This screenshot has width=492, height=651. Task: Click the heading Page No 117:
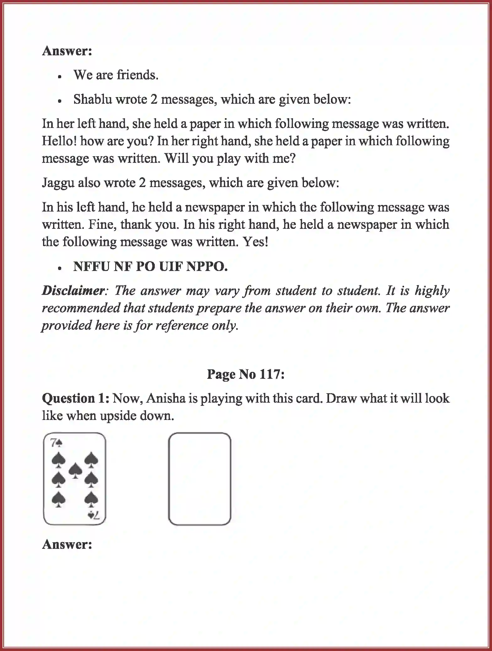[246, 374]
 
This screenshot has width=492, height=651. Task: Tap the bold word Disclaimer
[73, 290]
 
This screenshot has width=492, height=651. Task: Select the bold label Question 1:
[76, 398]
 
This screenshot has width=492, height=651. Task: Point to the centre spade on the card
[75, 470]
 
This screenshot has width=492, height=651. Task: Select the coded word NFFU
[91, 267]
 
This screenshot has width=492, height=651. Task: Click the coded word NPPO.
[207, 267]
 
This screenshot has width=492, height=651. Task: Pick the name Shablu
[93, 99]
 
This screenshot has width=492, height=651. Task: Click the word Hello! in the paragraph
[59, 141]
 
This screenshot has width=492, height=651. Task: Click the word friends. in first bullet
[137, 75]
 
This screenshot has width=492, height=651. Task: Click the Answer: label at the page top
[67, 51]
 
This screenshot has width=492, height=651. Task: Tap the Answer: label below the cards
[67, 544]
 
